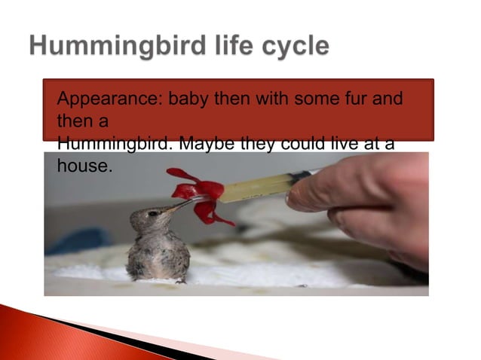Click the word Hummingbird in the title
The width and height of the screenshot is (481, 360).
click(x=105, y=47)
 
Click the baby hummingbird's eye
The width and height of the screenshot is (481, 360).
click(x=153, y=214)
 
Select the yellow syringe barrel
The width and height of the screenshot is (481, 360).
click(x=256, y=187)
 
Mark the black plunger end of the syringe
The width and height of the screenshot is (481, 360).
click(x=302, y=177)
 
